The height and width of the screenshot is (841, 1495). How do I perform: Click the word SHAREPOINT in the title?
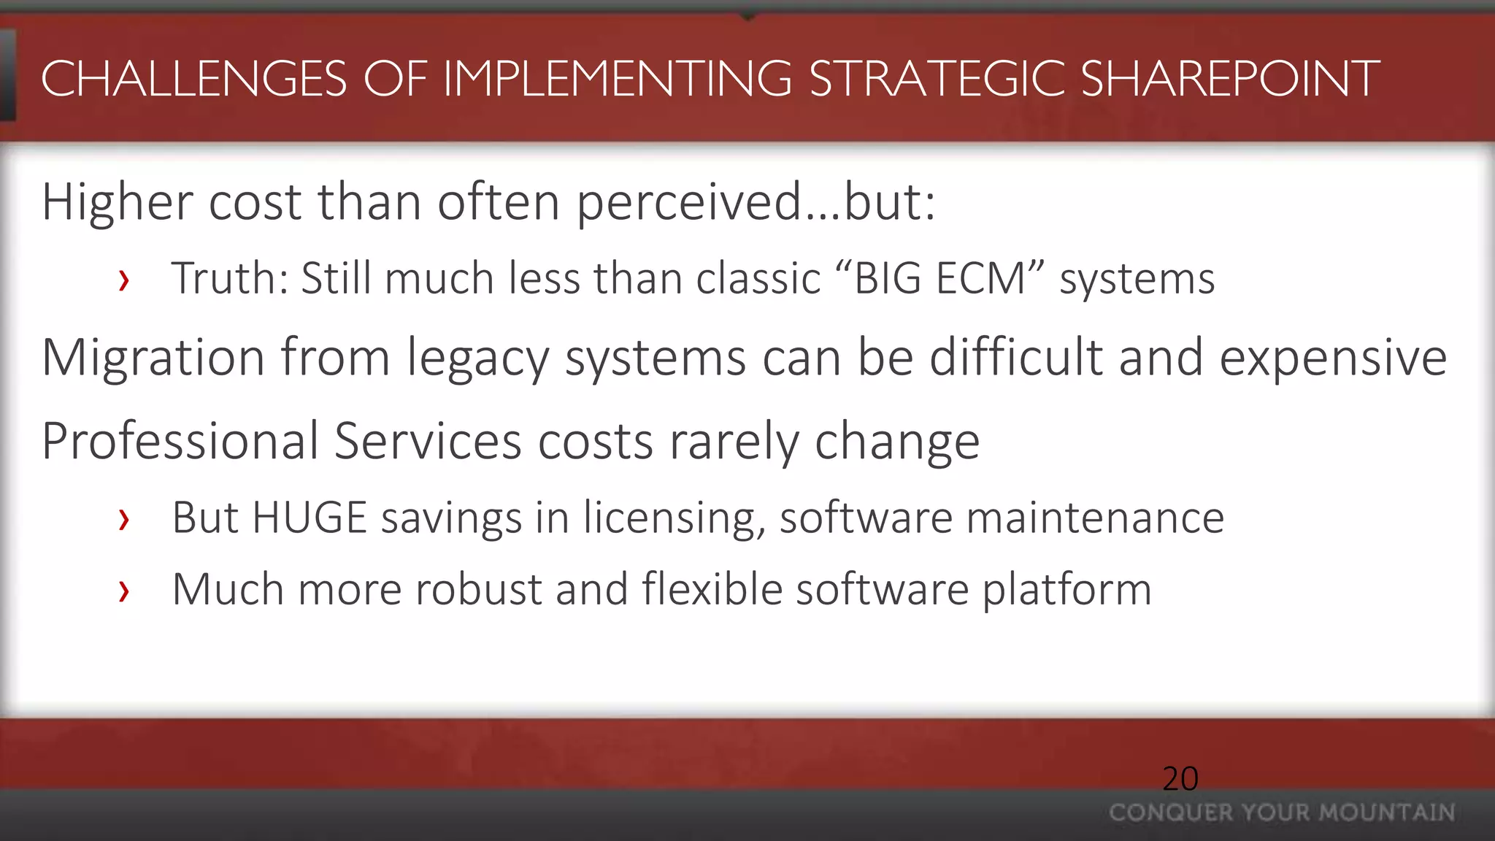click(1229, 79)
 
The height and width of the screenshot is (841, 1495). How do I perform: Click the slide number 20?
click(1180, 779)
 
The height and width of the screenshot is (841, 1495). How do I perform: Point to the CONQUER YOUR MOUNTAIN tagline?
click(1282, 813)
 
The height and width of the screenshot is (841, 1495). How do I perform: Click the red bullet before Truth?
click(124, 280)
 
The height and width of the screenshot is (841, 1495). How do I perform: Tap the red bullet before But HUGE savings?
click(124, 520)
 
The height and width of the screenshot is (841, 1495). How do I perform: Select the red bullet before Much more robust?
click(124, 591)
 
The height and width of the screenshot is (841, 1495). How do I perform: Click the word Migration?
click(153, 358)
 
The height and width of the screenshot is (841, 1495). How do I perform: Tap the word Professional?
click(180, 441)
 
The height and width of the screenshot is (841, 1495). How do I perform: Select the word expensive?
click(1333, 358)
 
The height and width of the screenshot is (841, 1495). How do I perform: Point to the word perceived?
click(690, 202)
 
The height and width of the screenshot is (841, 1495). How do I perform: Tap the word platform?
click(1067, 589)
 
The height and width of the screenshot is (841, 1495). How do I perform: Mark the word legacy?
click(477, 358)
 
